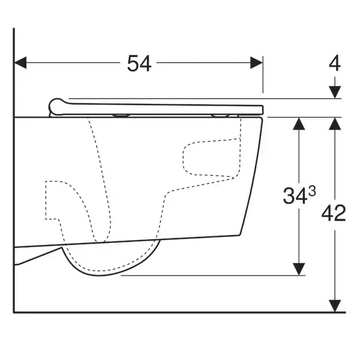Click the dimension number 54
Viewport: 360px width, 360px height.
tap(139, 64)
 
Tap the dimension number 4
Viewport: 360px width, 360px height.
tap(335, 63)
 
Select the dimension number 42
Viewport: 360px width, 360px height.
tap(334, 213)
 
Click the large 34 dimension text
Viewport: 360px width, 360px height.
tap(295, 196)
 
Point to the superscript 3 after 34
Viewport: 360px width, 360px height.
tap(312, 191)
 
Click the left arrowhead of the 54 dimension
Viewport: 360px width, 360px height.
tap(20, 62)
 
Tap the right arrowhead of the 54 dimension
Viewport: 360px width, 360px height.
tap(256, 62)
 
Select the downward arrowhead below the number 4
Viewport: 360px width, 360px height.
tap(335, 92)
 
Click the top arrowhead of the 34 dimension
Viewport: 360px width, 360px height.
tap(299, 124)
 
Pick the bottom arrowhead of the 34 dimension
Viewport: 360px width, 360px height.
tap(299, 269)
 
